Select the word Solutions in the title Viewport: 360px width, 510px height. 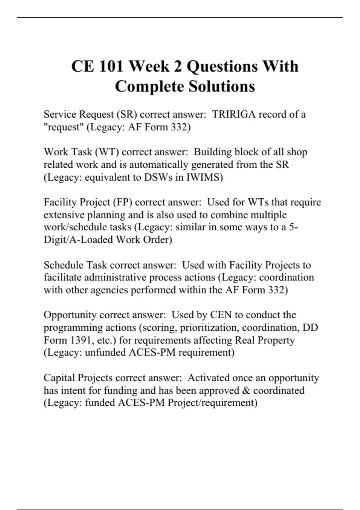(x=222, y=86)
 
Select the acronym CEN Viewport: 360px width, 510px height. (x=221, y=315)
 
